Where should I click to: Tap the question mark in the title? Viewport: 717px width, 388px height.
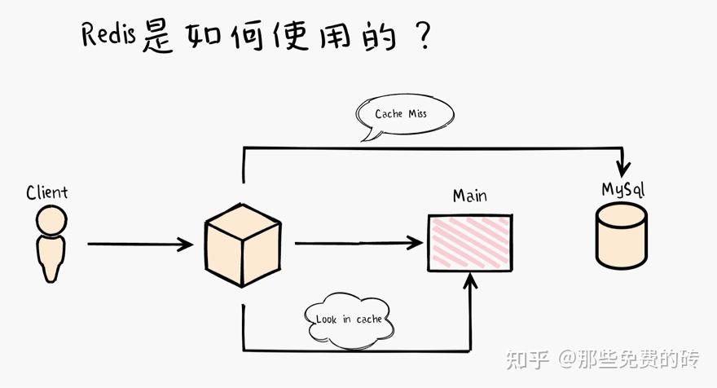421,37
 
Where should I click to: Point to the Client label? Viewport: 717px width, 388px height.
47,193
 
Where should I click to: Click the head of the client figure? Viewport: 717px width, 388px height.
51,222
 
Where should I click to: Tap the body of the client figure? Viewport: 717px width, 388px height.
51,258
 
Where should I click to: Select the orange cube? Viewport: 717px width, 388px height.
243,244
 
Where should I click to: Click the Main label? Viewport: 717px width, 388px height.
469,196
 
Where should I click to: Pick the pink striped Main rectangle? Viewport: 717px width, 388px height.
470,243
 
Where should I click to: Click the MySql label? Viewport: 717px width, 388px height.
623,189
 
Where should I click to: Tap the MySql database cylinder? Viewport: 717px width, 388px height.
622,236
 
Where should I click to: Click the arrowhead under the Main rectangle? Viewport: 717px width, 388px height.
470,281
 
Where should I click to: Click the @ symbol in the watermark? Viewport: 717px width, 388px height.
568,359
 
